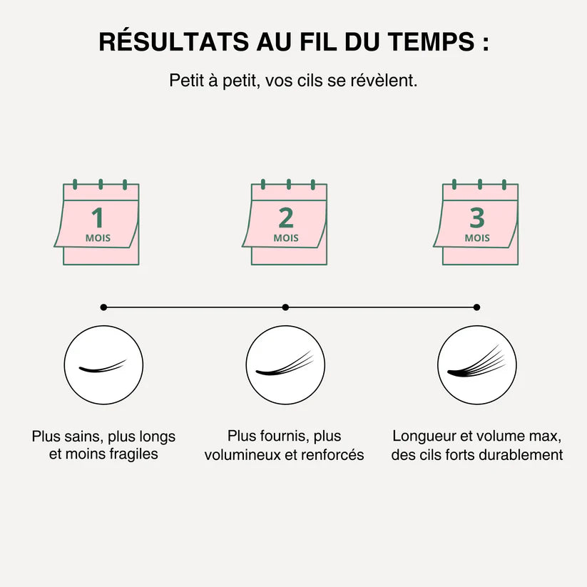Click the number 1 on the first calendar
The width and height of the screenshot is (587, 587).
click(98, 218)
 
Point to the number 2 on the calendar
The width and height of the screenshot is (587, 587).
click(286, 218)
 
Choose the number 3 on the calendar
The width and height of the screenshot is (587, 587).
click(477, 218)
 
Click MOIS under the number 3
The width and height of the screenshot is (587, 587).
click(477, 238)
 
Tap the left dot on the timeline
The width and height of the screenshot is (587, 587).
click(104, 307)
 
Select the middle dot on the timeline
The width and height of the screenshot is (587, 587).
click(285, 307)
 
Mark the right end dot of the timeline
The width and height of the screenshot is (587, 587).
click(476, 307)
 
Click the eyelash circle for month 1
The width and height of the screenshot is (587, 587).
click(104, 365)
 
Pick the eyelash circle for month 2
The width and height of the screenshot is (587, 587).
click(286, 365)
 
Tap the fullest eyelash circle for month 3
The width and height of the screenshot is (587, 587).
click(477, 365)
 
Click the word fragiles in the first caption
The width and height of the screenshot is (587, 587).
click(133, 454)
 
